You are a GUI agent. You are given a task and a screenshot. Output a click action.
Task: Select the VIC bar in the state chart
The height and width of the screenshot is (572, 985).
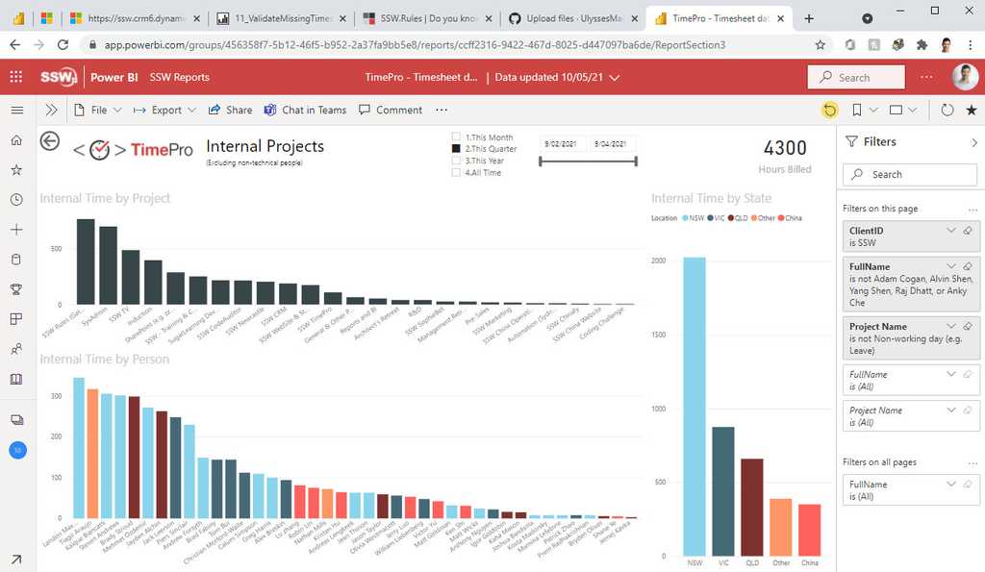(x=723, y=491)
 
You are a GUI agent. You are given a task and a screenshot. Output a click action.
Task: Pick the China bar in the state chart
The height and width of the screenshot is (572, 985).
(x=810, y=530)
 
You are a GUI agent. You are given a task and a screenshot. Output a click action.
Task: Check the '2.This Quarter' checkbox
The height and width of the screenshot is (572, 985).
(x=457, y=149)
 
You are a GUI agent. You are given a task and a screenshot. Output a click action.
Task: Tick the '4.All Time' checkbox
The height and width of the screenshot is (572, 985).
(x=457, y=172)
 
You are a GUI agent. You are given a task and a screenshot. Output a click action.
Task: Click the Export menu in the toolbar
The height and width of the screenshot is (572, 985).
(x=164, y=110)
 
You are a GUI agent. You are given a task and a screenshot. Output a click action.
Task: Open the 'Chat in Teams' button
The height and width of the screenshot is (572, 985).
(x=305, y=110)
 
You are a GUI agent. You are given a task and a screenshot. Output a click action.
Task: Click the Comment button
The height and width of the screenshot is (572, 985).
(x=391, y=110)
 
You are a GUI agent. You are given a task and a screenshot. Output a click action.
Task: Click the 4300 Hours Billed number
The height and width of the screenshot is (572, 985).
(x=785, y=148)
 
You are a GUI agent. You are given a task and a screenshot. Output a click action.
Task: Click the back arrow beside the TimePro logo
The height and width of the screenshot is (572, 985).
(x=50, y=141)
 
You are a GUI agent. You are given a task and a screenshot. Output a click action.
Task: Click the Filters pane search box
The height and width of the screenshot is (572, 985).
(x=910, y=174)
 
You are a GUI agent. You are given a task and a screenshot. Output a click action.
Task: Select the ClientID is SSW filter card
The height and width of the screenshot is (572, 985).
(x=909, y=236)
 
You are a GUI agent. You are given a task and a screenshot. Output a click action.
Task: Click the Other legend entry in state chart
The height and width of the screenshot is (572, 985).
(x=764, y=218)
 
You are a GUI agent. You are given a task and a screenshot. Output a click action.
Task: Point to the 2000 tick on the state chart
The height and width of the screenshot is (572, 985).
(x=658, y=261)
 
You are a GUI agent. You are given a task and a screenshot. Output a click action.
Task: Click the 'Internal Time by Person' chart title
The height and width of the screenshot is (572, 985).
(x=105, y=360)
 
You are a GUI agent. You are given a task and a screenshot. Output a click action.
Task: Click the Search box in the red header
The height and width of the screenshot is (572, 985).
(x=856, y=78)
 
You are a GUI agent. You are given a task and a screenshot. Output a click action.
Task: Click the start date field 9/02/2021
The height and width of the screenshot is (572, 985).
(x=560, y=143)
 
